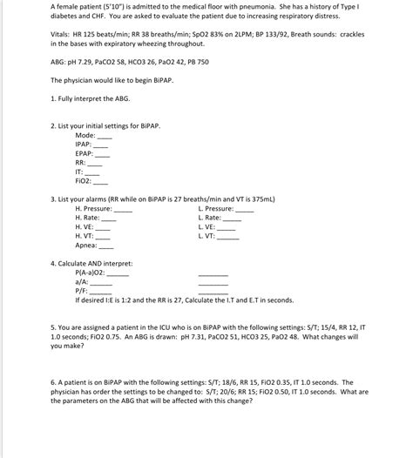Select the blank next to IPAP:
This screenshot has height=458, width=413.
[x=102, y=145]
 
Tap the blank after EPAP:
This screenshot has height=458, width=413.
[x=104, y=153]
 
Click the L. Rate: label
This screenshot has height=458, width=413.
[x=210, y=218]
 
